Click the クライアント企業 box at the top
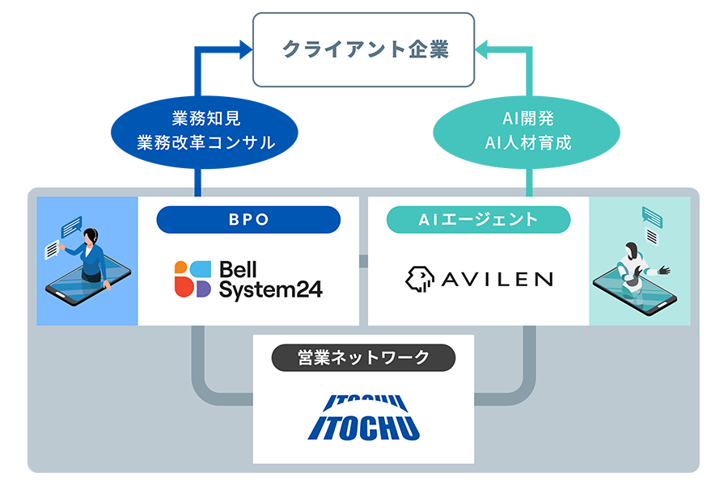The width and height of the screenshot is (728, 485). tap(364, 49)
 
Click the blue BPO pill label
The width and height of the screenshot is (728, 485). tap(248, 220)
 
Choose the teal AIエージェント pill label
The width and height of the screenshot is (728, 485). tap(478, 220)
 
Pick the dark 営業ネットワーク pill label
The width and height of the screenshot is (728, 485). tap(363, 358)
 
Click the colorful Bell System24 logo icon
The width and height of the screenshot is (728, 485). tap(193, 278)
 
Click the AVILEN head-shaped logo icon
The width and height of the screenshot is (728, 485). tap(419, 278)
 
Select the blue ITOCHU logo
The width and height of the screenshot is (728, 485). tap(363, 418)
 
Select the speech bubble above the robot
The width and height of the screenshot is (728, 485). tap(652, 217)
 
